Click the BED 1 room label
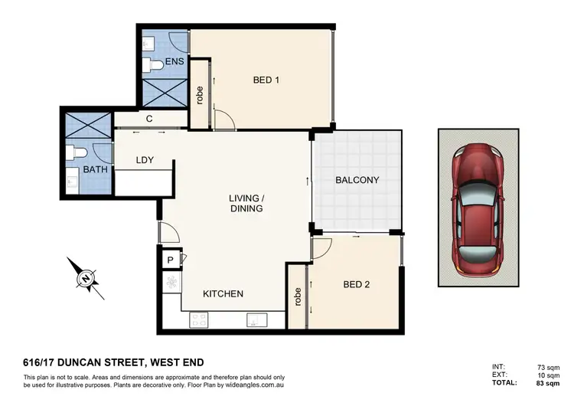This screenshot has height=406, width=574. (x=266, y=79)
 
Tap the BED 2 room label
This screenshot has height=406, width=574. (x=356, y=285)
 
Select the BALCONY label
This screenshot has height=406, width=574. (x=357, y=181)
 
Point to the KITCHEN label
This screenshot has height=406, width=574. (x=223, y=294)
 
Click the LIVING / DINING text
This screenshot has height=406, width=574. (x=246, y=203)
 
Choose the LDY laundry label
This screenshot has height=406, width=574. (x=145, y=160)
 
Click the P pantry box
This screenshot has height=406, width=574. (x=170, y=260)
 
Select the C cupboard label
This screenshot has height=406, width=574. (x=149, y=119)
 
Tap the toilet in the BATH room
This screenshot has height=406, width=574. (x=73, y=152)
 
